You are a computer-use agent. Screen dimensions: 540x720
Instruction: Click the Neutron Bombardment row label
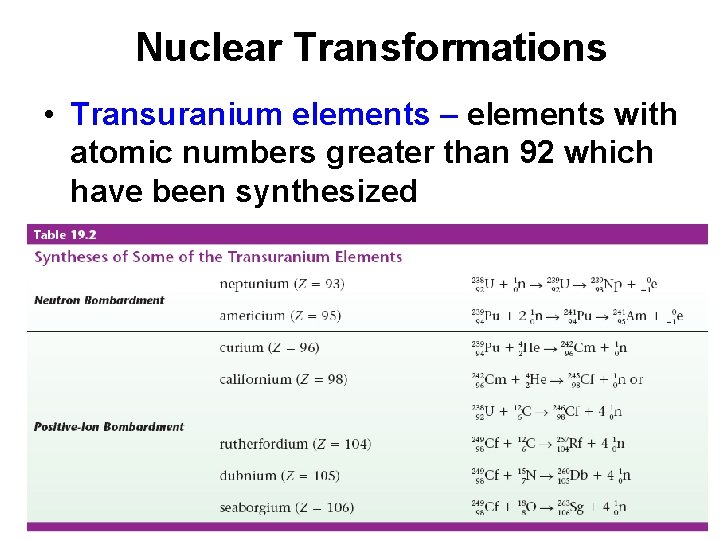[x=99, y=300]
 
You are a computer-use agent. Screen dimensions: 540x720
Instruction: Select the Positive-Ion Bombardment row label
[x=109, y=426]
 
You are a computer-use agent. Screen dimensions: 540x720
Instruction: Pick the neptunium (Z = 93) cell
[x=282, y=284]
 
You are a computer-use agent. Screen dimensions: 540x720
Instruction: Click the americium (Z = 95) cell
[x=280, y=316]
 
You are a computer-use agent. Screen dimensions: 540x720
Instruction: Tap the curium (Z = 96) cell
[x=269, y=348]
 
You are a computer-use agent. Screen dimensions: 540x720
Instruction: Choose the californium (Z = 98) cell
[x=283, y=380]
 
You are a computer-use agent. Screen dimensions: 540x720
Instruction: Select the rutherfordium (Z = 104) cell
[x=294, y=444]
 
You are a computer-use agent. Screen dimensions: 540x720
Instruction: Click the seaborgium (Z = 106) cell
[x=286, y=508]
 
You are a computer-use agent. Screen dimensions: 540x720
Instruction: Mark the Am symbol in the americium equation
[x=637, y=316]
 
